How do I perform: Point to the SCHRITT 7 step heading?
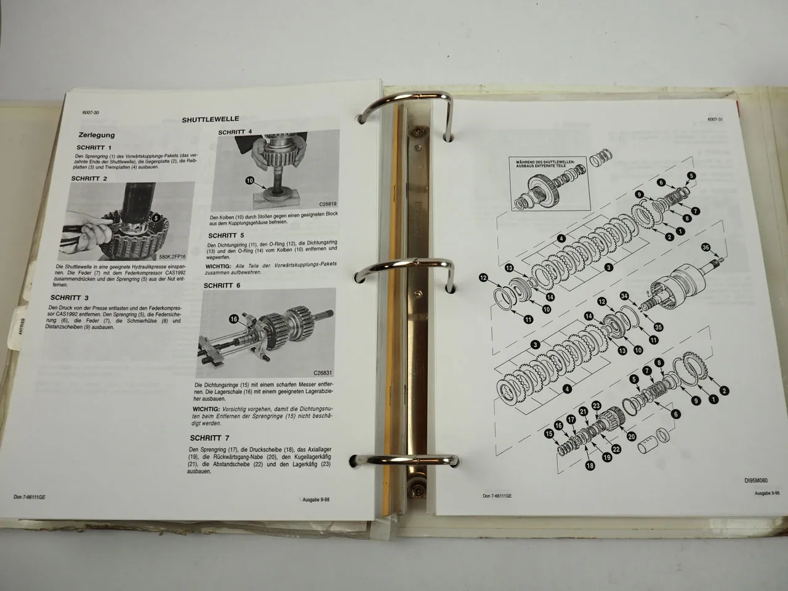pyautogui.click(x=210, y=438)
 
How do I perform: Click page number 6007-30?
pyautogui.click(x=91, y=111)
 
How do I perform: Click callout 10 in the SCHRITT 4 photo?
pyautogui.click(x=249, y=181)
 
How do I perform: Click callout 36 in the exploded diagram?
pyautogui.click(x=706, y=248)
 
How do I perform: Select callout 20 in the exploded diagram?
pyautogui.click(x=631, y=436)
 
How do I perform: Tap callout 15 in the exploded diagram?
pyautogui.click(x=549, y=435)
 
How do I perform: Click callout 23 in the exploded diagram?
pyautogui.click(x=597, y=406)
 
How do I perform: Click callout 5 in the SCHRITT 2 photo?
pyautogui.click(x=156, y=217)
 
